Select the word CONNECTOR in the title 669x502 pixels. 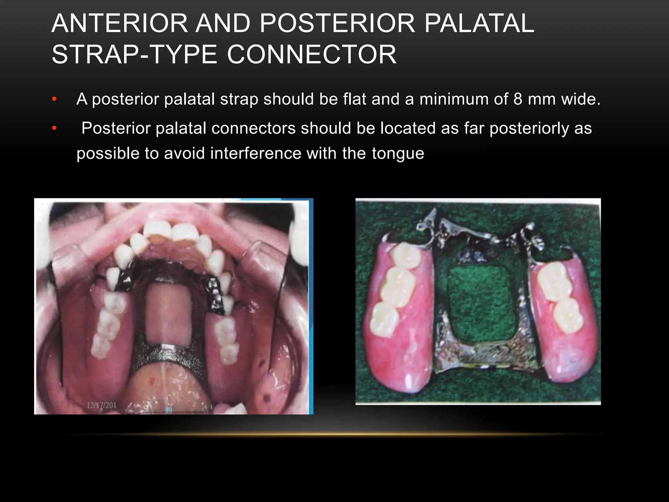(x=312, y=54)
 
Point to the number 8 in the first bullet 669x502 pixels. (x=518, y=99)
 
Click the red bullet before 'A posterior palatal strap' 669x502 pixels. (x=54, y=99)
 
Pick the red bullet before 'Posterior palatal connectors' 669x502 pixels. (x=54, y=128)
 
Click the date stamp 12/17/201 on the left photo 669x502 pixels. (x=101, y=405)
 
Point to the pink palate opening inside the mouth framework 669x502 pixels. (x=169, y=310)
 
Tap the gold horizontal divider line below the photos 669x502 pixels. (x=333, y=434)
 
